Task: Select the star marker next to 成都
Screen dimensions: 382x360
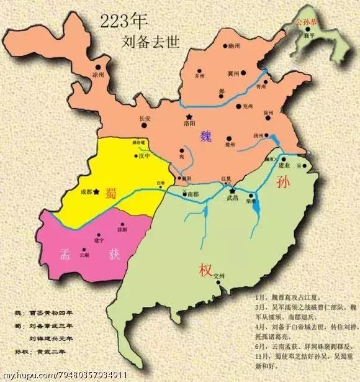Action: [96, 192]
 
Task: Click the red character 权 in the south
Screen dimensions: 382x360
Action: [205, 271]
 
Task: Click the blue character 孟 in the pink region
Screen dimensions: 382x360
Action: [64, 254]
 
